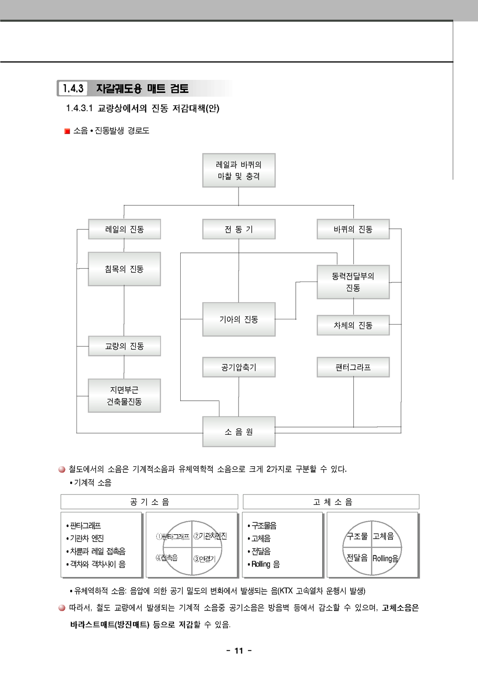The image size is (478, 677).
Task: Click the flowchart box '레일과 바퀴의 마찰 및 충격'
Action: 239,170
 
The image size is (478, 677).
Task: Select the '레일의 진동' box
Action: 124,229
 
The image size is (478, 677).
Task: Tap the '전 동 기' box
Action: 239,229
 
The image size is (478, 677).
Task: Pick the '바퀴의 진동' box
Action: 353,229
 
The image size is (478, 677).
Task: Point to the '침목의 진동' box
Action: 124,269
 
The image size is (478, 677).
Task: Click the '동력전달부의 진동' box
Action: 353,282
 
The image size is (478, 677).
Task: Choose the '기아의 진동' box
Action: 239,319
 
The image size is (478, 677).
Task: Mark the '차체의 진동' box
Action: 353,326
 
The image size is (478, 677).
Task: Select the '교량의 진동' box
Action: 124,346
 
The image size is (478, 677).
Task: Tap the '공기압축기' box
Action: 239,367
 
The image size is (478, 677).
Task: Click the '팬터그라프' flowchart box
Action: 353,367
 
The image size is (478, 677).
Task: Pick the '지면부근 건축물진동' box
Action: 124,396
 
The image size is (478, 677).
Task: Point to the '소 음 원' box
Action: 239,432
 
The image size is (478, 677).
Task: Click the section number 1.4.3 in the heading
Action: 73,89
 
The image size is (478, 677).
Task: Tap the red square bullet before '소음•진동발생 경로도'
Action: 67,131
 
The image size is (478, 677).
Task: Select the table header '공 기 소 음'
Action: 149,502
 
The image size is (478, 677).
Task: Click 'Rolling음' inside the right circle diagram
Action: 385,558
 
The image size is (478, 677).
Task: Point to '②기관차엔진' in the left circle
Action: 210,536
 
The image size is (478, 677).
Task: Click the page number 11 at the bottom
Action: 239,651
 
